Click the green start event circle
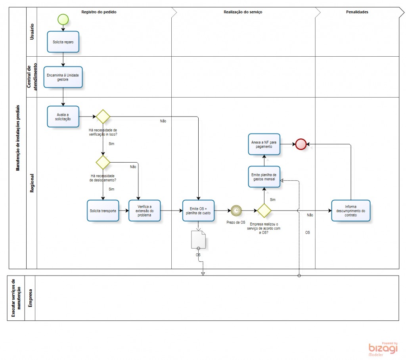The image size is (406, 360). click(x=63, y=19)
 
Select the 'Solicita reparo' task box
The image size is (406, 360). click(x=63, y=42)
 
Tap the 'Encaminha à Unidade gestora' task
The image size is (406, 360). click(x=63, y=77)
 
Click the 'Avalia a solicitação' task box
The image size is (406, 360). click(x=63, y=116)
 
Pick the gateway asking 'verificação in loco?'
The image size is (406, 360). click(x=103, y=117)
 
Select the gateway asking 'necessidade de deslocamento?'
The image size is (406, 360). click(x=103, y=162)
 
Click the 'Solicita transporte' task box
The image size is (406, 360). click(x=103, y=211)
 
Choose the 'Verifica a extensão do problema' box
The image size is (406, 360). click(x=144, y=211)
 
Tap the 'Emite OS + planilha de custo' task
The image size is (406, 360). click(x=198, y=211)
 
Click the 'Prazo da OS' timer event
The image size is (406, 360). click(x=236, y=211)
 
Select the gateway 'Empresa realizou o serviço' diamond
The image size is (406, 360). click(x=264, y=211)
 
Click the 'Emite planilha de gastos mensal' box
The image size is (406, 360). click(x=264, y=177)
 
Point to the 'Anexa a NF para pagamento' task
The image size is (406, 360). click(x=264, y=144)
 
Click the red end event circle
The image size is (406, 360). click(x=301, y=144)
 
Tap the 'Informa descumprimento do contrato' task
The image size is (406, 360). click(x=350, y=211)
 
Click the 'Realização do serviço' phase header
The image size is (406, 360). click(x=243, y=12)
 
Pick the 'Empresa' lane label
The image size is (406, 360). click(x=30, y=298)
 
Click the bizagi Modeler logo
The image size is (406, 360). click(x=383, y=349)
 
